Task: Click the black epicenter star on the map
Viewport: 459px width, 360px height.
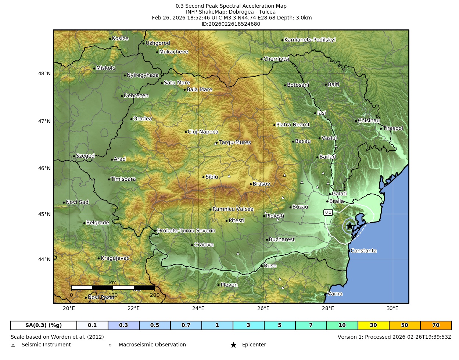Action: [x=349, y=226]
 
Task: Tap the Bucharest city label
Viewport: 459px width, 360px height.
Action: [x=282, y=240]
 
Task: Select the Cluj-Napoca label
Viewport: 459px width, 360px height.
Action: [x=203, y=132]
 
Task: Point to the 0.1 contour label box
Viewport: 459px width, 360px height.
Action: [x=328, y=212]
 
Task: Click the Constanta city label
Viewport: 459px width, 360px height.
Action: [x=363, y=251]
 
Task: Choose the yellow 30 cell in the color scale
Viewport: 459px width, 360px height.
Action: [x=373, y=325]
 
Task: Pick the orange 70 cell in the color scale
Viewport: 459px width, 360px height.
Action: [x=435, y=325]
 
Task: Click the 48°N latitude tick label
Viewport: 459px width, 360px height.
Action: [x=44, y=73]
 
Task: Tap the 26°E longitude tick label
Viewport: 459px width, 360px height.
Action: [x=263, y=308]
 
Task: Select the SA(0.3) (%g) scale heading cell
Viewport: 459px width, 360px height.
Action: [x=43, y=325]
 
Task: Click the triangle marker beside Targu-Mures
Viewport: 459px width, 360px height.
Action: [x=216, y=144]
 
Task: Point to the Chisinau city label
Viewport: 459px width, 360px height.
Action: [x=369, y=120]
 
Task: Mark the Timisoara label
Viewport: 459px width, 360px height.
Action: [x=123, y=179]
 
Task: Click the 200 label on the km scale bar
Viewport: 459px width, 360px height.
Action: [x=155, y=295]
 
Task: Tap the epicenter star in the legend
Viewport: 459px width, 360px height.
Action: [x=233, y=345]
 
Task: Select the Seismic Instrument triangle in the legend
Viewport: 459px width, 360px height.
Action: [x=13, y=345]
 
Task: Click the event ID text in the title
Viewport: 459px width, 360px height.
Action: [x=231, y=24]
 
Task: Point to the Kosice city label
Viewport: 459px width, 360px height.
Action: [x=120, y=39]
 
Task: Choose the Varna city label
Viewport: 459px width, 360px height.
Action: [x=335, y=294]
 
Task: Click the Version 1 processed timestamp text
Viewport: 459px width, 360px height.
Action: [x=394, y=337]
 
